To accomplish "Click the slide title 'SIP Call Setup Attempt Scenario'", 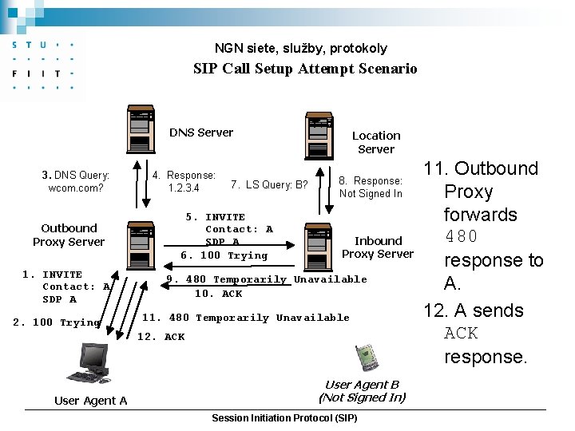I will click(x=305, y=69).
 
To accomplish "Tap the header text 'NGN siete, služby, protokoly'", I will click(x=300, y=48).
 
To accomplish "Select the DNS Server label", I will click(x=201, y=132).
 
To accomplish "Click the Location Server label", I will click(x=376, y=142).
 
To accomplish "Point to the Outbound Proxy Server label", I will click(x=69, y=235).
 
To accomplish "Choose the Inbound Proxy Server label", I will click(x=378, y=247).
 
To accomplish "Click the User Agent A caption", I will click(x=90, y=401).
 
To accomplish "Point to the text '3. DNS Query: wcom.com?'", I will click(x=76, y=181).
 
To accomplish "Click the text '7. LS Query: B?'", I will click(x=269, y=185).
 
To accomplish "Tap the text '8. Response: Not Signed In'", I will click(x=371, y=187).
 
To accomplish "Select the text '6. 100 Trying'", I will click(x=224, y=255).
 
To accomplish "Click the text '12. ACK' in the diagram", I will click(x=161, y=337).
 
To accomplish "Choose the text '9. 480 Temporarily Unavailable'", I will click(x=266, y=279).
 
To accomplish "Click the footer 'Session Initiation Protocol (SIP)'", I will click(x=284, y=419).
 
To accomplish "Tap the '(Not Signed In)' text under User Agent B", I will click(x=362, y=397).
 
